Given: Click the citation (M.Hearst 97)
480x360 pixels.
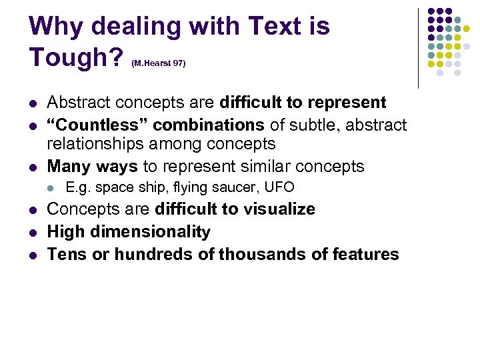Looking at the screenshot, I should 159,63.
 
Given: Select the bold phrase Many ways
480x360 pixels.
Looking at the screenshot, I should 93,166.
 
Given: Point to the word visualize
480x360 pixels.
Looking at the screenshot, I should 277,209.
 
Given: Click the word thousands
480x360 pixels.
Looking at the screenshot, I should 266,254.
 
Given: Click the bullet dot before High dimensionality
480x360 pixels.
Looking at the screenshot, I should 33,233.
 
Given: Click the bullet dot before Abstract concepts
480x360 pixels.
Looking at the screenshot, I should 33,104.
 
